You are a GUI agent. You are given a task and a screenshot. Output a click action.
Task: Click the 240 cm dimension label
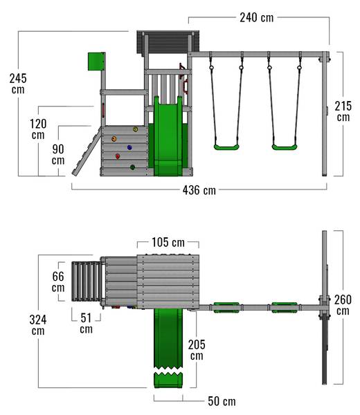(257, 18)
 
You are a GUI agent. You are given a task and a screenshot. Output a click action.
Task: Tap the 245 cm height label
(18, 84)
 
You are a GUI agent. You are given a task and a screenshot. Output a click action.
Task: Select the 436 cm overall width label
(199, 190)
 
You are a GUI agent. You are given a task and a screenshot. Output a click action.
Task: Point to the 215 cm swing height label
(343, 111)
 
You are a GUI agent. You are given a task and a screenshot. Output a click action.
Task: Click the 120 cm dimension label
(38, 129)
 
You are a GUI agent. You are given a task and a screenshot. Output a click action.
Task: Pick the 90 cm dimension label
(58, 154)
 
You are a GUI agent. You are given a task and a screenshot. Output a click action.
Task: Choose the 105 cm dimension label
(168, 242)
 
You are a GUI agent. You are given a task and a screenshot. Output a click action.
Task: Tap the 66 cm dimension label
(58, 282)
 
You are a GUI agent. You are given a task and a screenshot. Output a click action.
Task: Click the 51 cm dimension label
(86, 323)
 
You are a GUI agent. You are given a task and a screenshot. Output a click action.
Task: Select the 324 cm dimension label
(38, 325)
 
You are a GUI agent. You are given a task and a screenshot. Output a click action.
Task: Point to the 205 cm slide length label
(197, 350)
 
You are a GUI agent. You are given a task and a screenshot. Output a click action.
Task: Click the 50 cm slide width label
(222, 401)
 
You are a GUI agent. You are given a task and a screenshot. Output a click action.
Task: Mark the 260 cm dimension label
(343, 305)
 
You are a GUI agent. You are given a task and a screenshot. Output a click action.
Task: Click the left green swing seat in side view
(226, 147)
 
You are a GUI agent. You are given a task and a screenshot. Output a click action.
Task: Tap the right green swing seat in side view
(285, 147)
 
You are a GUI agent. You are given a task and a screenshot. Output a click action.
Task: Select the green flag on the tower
(96, 62)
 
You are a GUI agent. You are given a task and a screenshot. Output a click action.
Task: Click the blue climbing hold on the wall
(129, 147)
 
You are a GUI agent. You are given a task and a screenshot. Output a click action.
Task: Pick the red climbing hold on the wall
(118, 156)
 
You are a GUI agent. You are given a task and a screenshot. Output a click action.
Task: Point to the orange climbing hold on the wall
(114, 139)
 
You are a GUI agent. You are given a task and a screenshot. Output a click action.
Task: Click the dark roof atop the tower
(168, 42)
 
